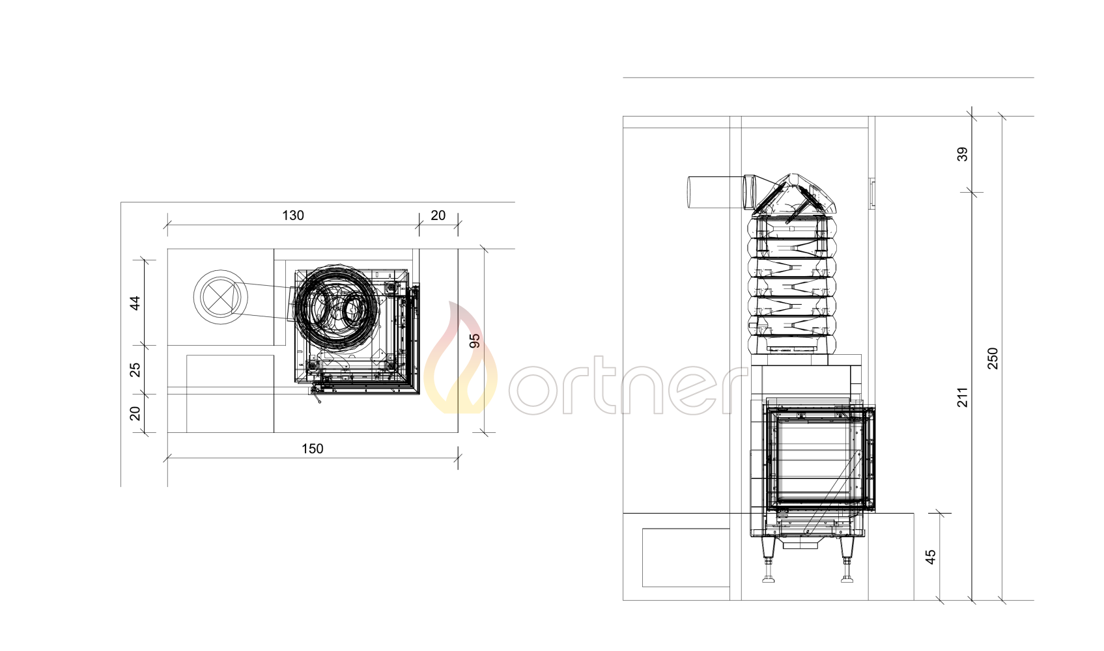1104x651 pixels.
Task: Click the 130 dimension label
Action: point(292,215)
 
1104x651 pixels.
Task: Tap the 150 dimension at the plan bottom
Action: point(313,449)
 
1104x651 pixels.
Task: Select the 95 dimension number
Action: point(475,340)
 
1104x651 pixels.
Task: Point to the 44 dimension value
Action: point(135,303)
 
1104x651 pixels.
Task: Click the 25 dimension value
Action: point(135,369)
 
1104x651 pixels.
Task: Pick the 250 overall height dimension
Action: point(993,359)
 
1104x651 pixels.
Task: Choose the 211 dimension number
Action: point(963,397)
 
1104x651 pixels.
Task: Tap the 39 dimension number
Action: point(963,154)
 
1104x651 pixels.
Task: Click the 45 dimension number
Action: point(930,557)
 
